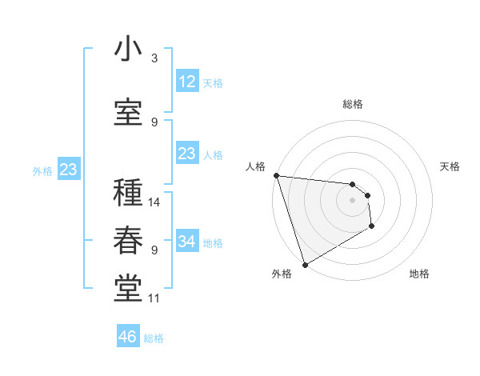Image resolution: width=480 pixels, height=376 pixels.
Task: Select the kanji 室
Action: (128, 112)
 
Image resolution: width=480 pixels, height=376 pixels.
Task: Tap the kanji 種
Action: (128, 193)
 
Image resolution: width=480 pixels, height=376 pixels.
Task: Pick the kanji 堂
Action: (128, 289)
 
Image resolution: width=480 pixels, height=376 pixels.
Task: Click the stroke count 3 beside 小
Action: (154, 58)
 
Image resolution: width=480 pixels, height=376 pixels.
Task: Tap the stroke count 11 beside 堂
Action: (154, 298)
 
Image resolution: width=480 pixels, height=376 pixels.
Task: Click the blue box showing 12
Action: (186, 82)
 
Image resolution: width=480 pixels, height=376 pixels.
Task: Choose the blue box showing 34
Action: (186, 242)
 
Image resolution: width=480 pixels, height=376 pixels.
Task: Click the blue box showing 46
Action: (128, 337)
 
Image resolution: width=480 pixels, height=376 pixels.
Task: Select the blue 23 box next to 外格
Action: (68, 170)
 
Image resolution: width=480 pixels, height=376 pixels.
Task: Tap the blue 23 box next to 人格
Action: (186, 154)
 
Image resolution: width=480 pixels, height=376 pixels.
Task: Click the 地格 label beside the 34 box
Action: (214, 242)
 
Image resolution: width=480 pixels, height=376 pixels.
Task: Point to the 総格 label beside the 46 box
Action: (154, 338)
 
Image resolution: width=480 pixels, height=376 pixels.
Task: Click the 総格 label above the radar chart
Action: (353, 104)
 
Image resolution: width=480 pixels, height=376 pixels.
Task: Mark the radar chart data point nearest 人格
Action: (276, 175)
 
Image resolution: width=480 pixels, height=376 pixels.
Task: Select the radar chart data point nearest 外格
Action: (305, 264)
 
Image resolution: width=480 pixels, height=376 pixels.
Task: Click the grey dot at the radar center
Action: (352, 200)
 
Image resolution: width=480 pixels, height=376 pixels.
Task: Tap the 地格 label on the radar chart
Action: (419, 274)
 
